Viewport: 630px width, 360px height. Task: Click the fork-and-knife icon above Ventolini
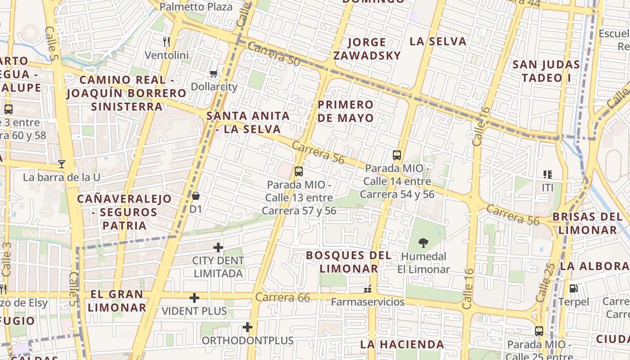click(166, 42)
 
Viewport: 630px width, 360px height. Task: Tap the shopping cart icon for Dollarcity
click(214, 73)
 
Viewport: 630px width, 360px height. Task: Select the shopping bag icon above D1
click(196, 196)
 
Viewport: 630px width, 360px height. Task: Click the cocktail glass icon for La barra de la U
click(62, 164)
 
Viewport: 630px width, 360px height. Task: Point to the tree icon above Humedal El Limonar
click(423, 243)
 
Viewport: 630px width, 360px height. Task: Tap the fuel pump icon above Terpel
click(573, 288)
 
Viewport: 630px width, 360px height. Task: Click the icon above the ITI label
click(548, 174)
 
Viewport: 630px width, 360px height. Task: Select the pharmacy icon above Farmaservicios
click(368, 288)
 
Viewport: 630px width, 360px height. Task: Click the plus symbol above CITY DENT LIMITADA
click(218, 247)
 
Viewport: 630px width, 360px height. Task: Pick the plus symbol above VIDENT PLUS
click(194, 298)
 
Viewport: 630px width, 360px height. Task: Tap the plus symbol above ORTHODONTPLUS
click(247, 327)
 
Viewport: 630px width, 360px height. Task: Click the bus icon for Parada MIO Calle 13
click(298, 171)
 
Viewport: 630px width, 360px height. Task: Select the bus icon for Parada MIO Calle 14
click(397, 155)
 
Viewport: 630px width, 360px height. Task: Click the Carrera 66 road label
click(283, 297)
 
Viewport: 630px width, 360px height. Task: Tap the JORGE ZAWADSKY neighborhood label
click(373, 49)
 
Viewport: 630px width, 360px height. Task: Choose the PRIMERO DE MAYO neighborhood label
click(345, 111)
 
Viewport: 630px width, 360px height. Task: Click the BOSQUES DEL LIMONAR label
click(349, 262)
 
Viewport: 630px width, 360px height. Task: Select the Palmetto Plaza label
click(196, 7)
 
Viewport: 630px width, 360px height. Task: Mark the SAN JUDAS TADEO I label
click(546, 71)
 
